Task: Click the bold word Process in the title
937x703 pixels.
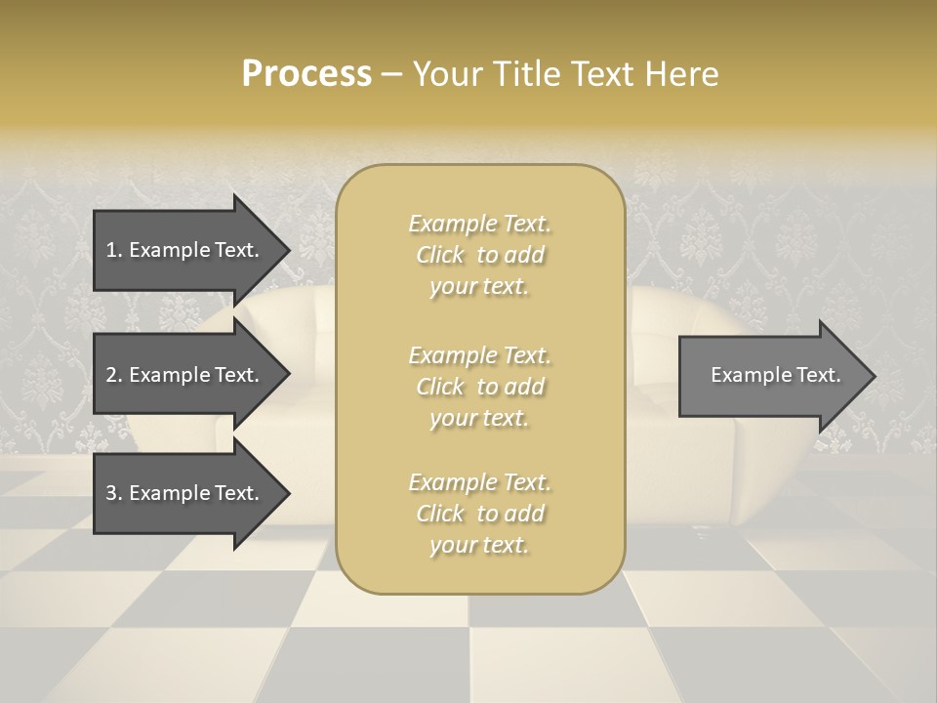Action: [306, 74]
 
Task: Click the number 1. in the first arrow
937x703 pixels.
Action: [114, 250]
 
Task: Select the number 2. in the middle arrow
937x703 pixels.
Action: [114, 375]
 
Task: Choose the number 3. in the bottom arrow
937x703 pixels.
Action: [114, 493]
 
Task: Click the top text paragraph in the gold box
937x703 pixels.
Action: [479, 255]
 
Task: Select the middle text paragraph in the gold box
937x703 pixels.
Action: [479, 387]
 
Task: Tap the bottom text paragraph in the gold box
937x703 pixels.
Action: [479, 514]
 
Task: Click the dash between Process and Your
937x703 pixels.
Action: [392, 74]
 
